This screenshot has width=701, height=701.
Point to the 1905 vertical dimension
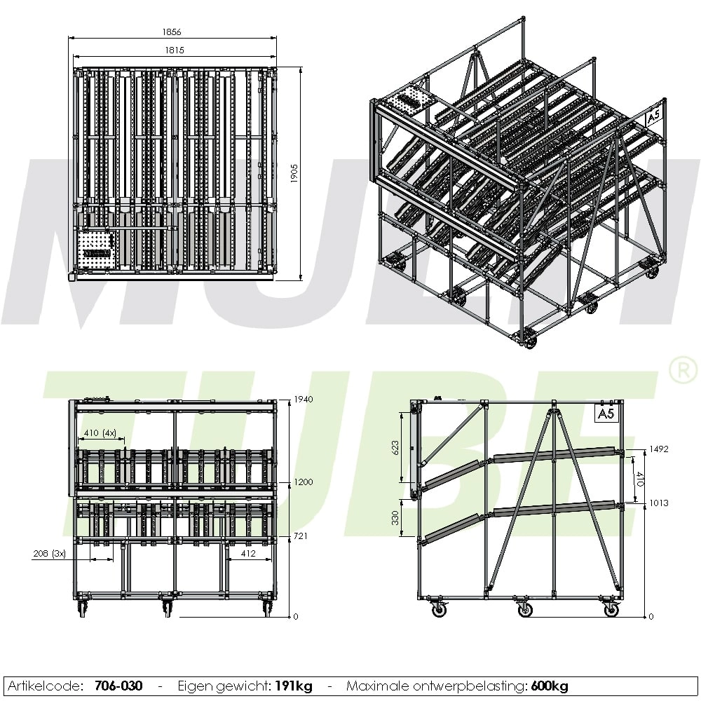pyautogui.click(x=294, y=172)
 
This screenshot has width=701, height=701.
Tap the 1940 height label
pyautogui.click(x=304, y=399)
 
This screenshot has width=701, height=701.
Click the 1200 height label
pyautogui.click(x=304, y=482)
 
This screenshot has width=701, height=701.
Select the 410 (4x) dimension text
pyautogui.click(x=100, y=433)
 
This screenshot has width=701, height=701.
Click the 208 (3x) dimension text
pyautogui.click(x=49, y=553)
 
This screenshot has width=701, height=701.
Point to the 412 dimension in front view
pyautogui.click(x=248, y=553)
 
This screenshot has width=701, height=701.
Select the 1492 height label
pyautogui.click(x=659, y=449)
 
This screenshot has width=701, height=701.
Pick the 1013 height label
pyautogui.click(x=659, y=503)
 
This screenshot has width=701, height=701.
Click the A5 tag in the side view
pyautogui.click(x=606, y=414)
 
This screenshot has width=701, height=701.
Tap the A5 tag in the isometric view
pyautogui.click(x=653, y=117)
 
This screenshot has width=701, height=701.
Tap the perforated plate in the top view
pyautogui.click(x=95, y=248)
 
